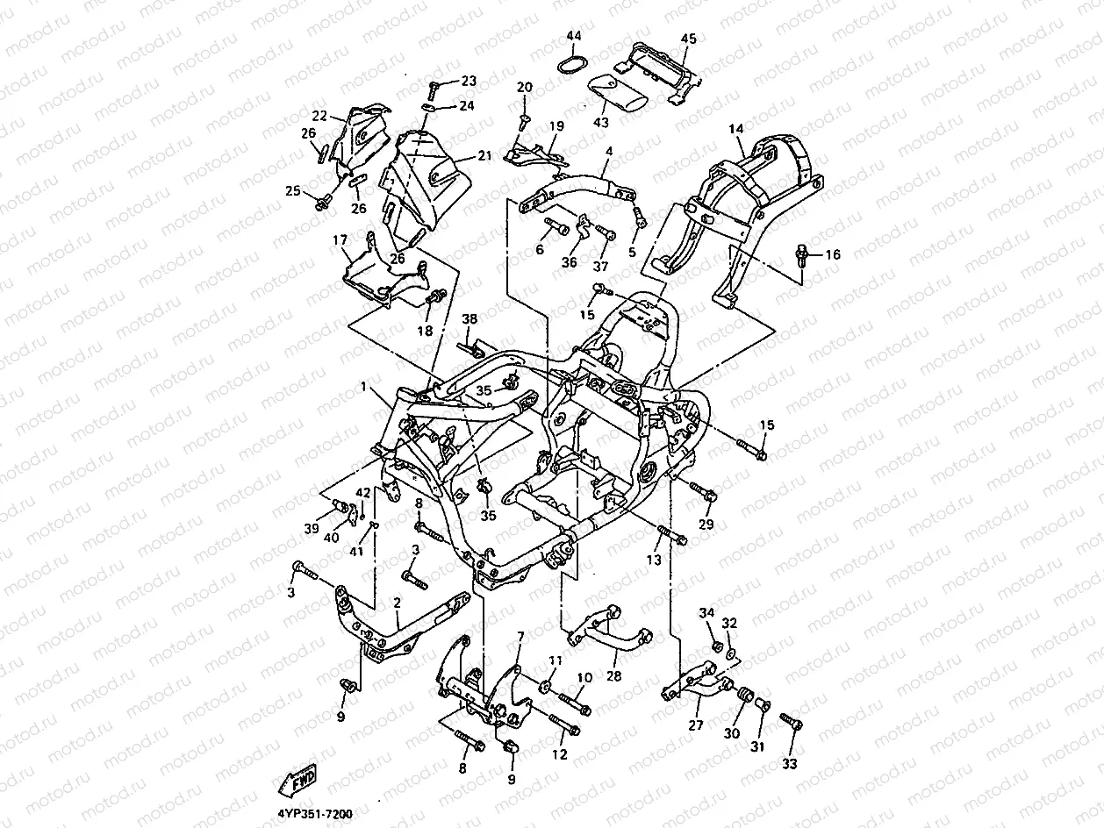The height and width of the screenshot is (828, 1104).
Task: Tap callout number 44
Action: click(573, 36)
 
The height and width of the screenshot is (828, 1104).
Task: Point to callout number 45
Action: click(689, 38)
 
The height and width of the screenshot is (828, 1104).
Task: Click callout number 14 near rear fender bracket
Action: click(735, 129)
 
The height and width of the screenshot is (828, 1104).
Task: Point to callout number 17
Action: click(340, 239)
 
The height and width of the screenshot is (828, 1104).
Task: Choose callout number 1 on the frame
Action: click(363, 385)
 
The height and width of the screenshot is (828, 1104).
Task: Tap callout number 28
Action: click(613, 676)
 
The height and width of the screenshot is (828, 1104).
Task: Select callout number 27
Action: click(697, 724)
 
